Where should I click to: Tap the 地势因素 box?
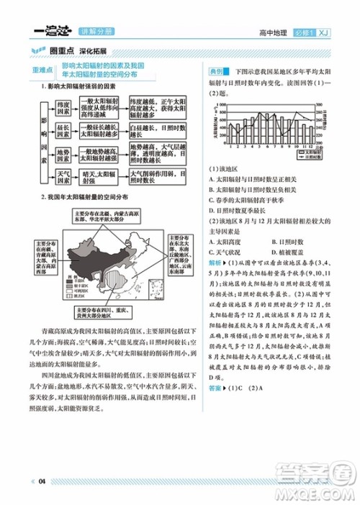coord(63,152)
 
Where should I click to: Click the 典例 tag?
coord(215,73)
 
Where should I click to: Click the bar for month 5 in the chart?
coord(256,130)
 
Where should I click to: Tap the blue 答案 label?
coord(215,388)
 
